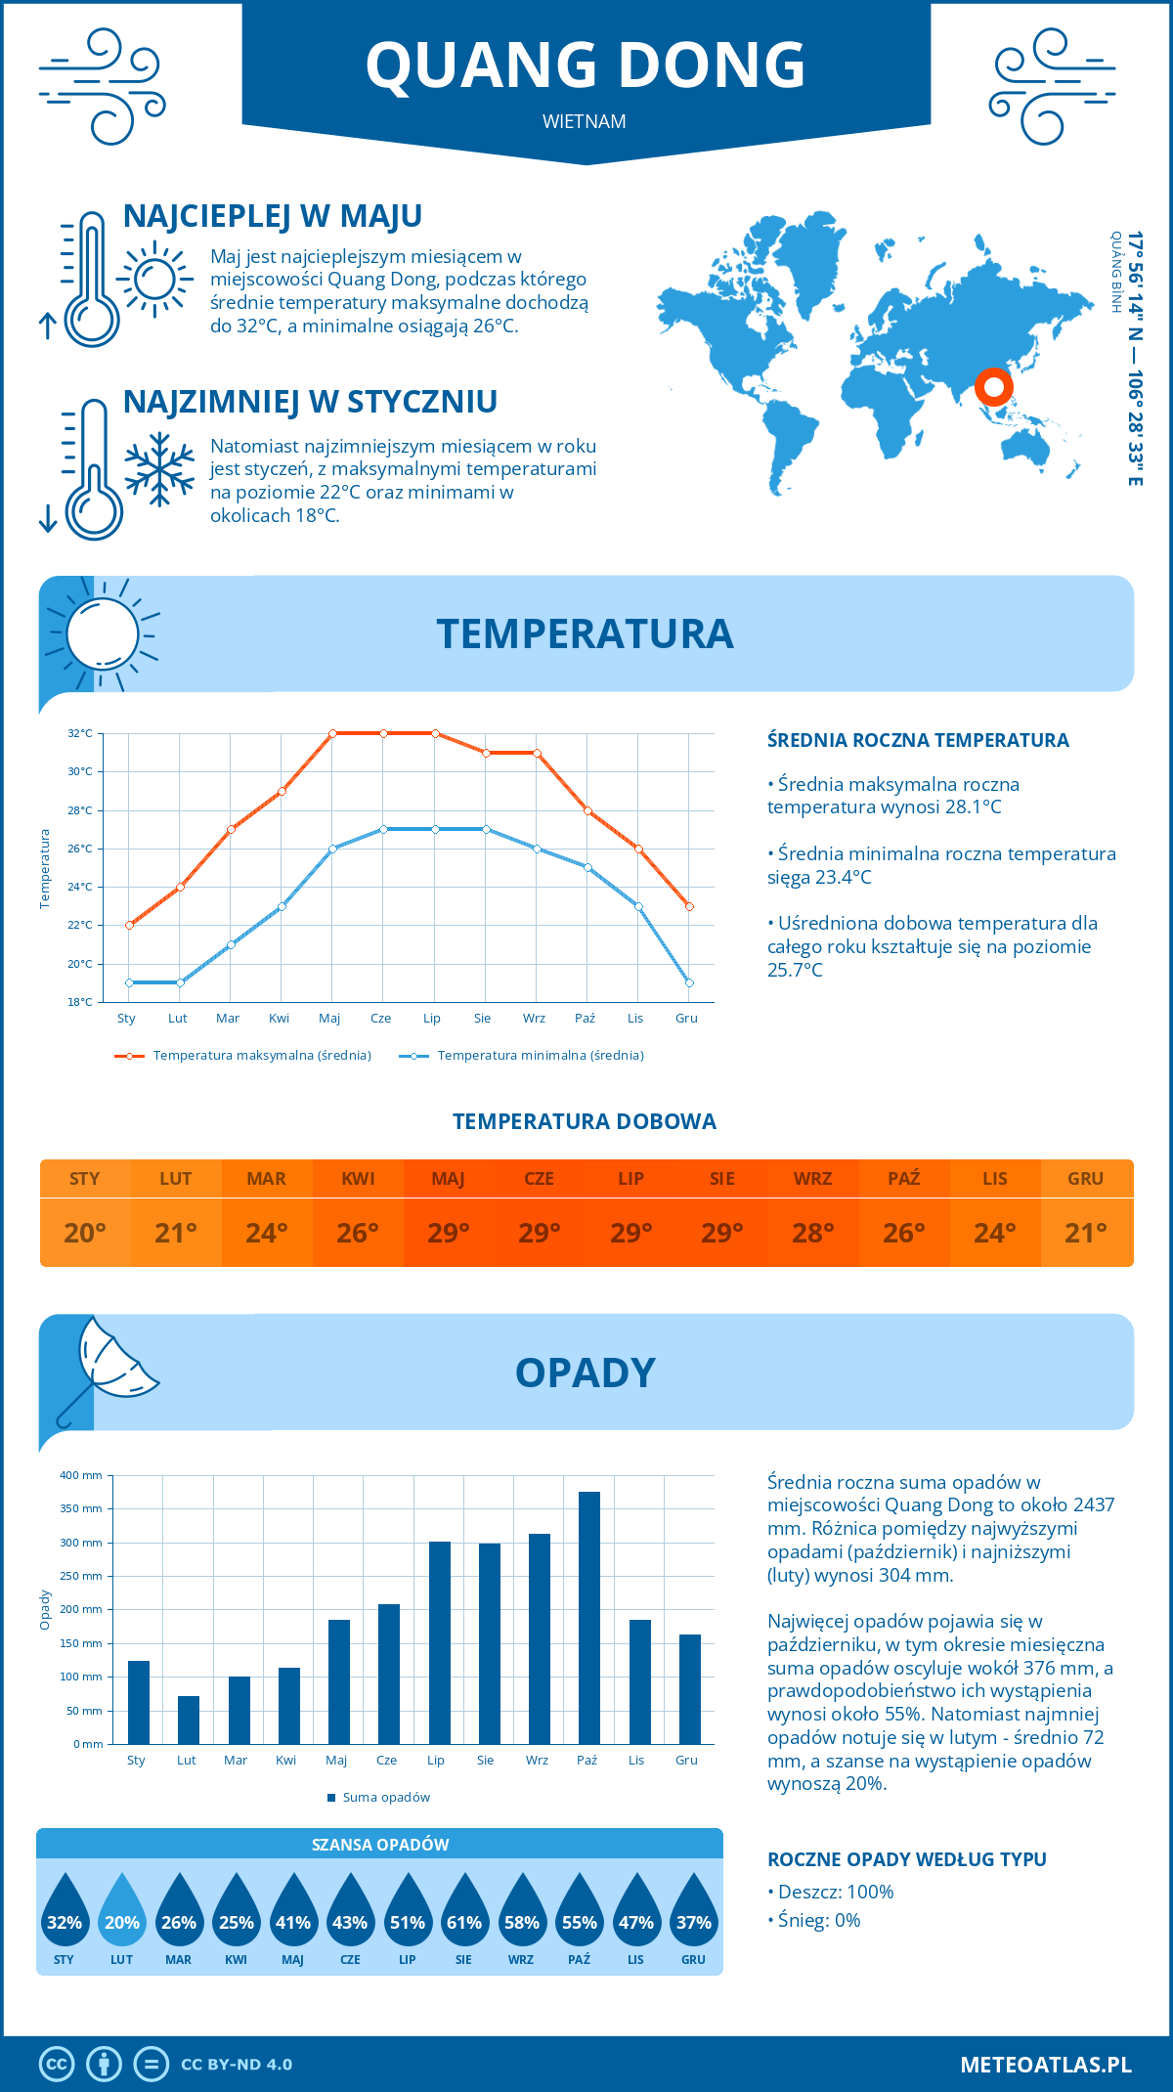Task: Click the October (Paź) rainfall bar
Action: click(x=588, y=1618)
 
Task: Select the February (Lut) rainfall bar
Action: click(x=189, y=1720)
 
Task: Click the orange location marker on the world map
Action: click(x=993, y=387)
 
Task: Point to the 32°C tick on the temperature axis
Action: click(x=80, y=733)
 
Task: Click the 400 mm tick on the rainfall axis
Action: click(x=82, y=1475)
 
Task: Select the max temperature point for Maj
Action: click(x=332, y=733)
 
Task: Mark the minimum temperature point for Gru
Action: click(x=689, y=982)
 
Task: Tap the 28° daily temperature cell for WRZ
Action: click(x=812, y=1233)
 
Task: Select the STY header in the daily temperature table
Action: click(x=85, y=1179)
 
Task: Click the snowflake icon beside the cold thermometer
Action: click(x=159, y=469)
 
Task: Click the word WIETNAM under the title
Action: click(x=585, y=122)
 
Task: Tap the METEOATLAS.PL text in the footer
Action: click(x=1045, y=2064)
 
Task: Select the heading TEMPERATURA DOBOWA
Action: click(x=585, y=1121)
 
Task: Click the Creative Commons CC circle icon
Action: click(x=57, y=2064)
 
